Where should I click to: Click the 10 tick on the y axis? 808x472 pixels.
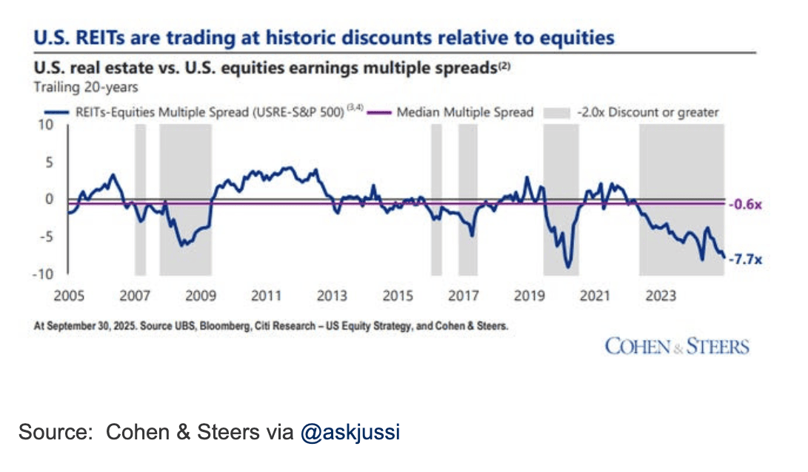click(46, 124)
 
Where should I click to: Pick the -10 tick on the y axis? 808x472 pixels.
click(43, 274)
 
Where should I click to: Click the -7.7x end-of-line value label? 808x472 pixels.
click(744, 259)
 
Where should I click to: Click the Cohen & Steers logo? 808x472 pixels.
click(677, 346)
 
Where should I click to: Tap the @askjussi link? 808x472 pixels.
click(350, 432)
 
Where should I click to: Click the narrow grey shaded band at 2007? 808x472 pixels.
click(140, 200)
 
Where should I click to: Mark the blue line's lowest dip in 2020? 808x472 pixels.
click(568, 267)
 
